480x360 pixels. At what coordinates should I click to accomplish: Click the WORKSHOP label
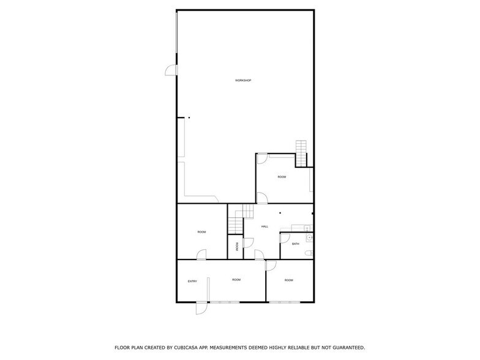pyautogui.click(x=243, y=81)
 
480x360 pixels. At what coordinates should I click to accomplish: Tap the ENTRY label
pyautogui.click(x=192, y=281)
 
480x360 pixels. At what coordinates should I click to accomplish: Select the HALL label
pyautogui.click(x=264, y=227)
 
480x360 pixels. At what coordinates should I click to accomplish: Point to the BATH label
pyautogui.click(x=295, y=244)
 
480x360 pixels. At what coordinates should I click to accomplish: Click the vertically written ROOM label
pyautogui.click(x=236, y=247)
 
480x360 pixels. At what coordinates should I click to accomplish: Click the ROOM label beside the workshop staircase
pyautogui.click(x=282, y=177)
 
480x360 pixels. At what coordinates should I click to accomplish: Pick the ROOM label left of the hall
pyautogui.click(x=201, y=232)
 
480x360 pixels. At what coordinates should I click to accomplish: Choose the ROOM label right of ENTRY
pyautogui.click(x=236, y=280)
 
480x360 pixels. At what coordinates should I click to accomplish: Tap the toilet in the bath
pyautogui.click(x=310, y=252)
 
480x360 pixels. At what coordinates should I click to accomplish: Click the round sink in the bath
pyautogui.click(x=310, y=237)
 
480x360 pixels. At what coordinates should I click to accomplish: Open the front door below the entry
pyautogui.click(x=200, y=308)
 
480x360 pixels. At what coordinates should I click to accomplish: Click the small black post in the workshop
pyautogui.click(x=189, y=117)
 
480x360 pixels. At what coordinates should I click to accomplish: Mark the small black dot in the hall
pyautogui.click(x=280, y=212)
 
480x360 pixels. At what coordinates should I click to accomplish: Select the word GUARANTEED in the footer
pyautogui.click(x=344, y=347)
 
